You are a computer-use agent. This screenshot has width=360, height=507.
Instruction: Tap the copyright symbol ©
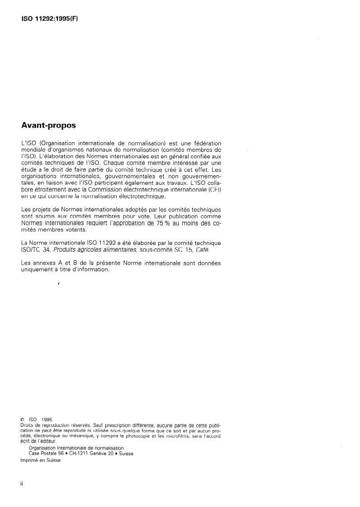pyautogui.click(x=23, y=419)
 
